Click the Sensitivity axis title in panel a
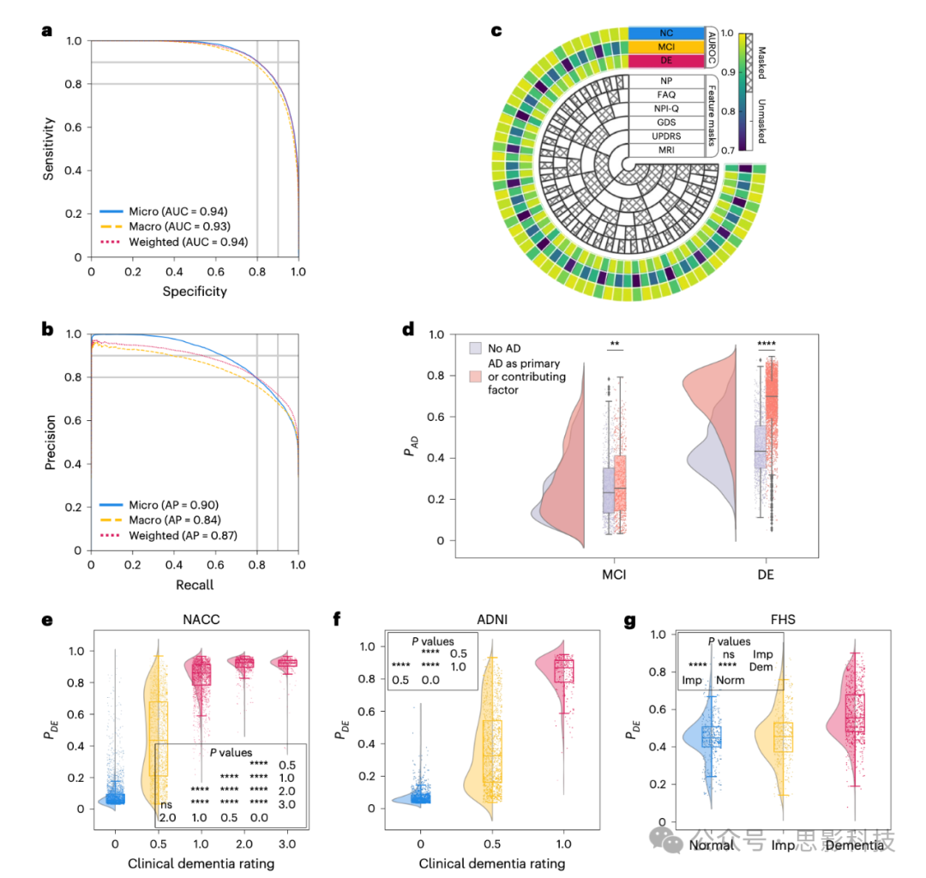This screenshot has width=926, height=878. point(51,147)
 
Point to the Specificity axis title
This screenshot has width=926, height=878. point(195,292)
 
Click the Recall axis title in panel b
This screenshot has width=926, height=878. point(195,585)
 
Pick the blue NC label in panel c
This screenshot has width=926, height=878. point(666,32)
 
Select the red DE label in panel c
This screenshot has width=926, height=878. point(666,60)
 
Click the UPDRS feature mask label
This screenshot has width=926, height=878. point(666,136)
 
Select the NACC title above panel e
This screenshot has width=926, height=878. point(202,621)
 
